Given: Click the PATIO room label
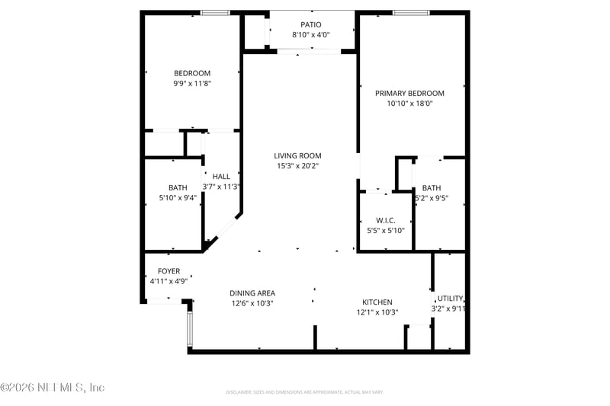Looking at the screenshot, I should pos(310,24).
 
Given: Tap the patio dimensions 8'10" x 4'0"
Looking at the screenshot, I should pos(310,35).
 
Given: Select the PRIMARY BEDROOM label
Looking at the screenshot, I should pos(409,93).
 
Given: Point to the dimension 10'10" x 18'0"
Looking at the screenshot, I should pos(409,104).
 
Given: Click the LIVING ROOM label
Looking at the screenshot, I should pos(297,155).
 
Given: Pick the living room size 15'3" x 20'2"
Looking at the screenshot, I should pos(297,166).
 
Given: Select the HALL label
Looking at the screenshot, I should pos(221,176).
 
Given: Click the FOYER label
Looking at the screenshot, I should pos(169,271).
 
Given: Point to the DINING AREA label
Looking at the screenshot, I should pos(252,293).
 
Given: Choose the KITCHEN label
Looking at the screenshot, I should pos(377,302).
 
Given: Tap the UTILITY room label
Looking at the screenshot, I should pos(449,299).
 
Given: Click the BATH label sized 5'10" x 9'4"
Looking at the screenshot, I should pos(178,187).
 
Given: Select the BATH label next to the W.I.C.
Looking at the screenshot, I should pos(432,188).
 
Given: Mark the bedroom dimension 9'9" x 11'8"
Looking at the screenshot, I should pos(192,84).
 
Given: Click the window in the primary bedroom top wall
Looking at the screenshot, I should pos(411,13).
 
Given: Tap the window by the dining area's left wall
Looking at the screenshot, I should pos(190,327).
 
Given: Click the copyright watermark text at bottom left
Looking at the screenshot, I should pos(52,388).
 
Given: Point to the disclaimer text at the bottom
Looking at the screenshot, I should pos(305,392).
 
